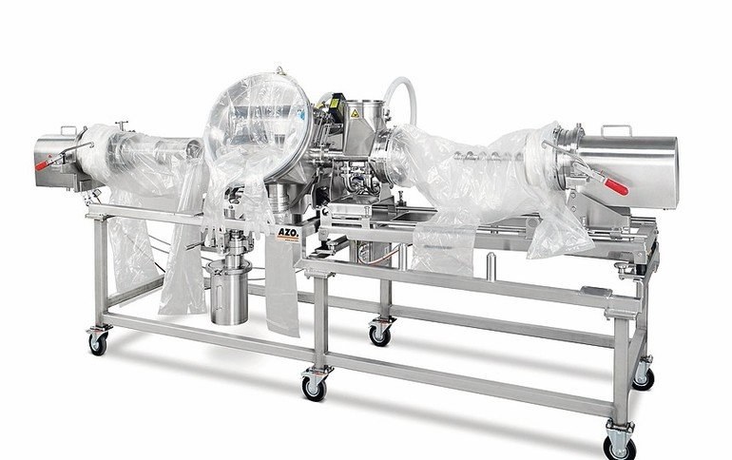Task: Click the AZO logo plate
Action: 287,233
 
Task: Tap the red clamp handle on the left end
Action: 43,164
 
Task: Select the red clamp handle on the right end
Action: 616,185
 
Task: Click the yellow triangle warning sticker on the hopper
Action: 354,112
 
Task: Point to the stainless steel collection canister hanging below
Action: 229,293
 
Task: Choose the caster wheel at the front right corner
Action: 619,444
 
